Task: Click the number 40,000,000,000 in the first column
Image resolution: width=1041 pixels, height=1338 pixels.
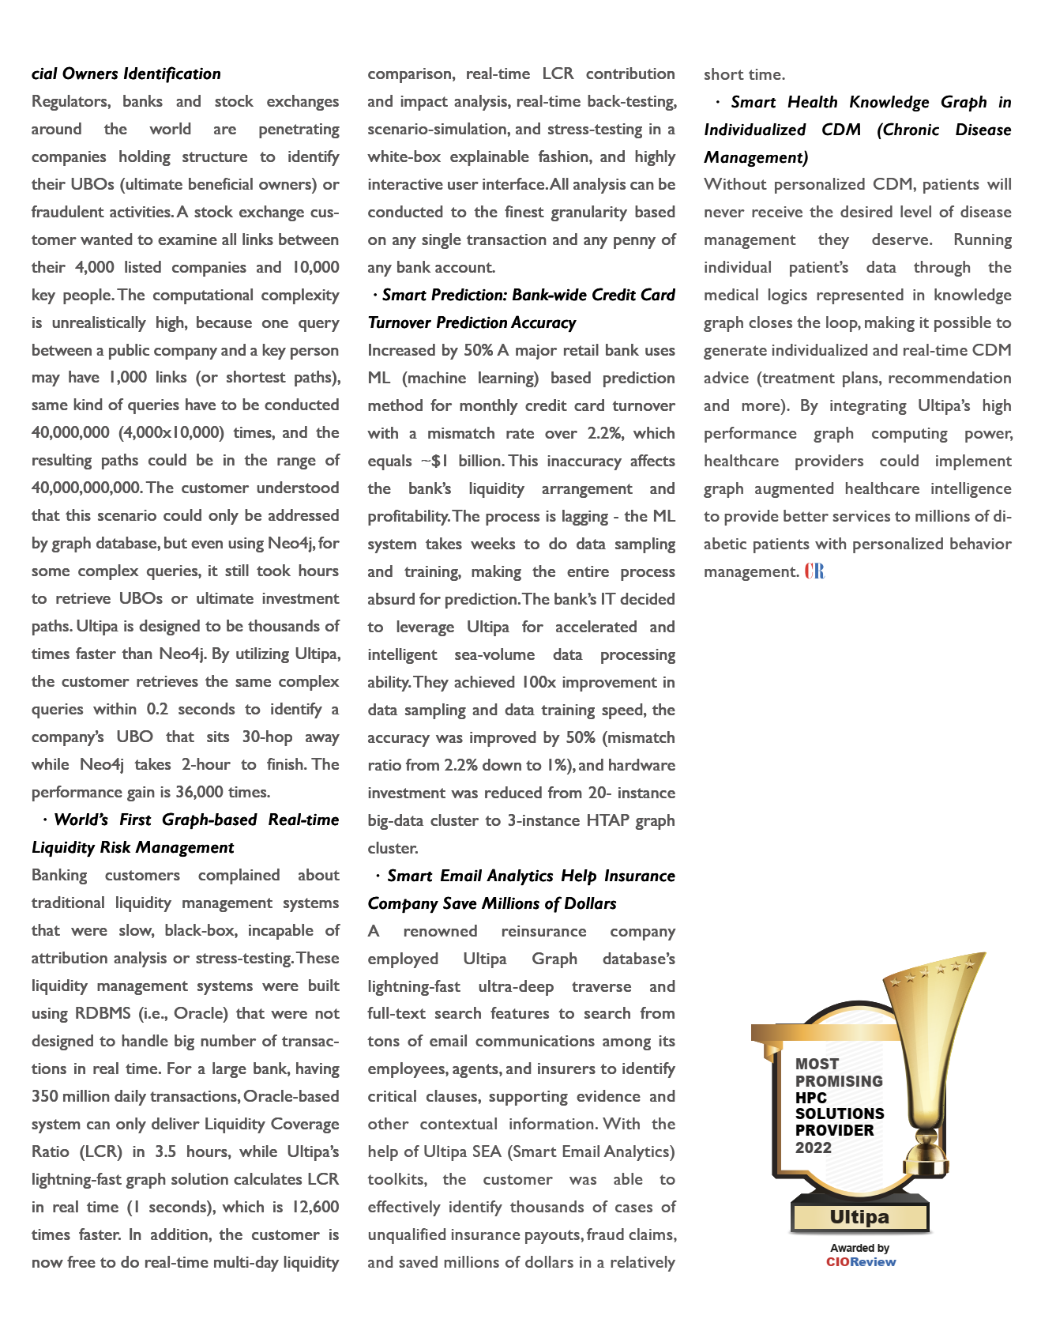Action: point(86,488)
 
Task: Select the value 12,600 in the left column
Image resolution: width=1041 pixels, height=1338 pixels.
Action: point(315,1207)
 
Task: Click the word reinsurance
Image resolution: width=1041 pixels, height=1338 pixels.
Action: point(543,931)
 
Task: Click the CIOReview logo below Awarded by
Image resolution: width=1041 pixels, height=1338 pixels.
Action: point(860,1262)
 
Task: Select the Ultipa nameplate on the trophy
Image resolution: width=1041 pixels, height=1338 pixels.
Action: point(859,1217)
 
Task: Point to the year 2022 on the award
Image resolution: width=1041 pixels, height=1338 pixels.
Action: point(814,1148)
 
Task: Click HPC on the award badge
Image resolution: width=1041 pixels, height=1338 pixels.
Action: point(811,1098)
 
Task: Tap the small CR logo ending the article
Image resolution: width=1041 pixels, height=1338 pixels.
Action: point(815,571)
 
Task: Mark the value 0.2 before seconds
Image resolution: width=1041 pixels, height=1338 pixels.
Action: point(157,709)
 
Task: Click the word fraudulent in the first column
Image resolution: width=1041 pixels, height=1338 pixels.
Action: point(70,212)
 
